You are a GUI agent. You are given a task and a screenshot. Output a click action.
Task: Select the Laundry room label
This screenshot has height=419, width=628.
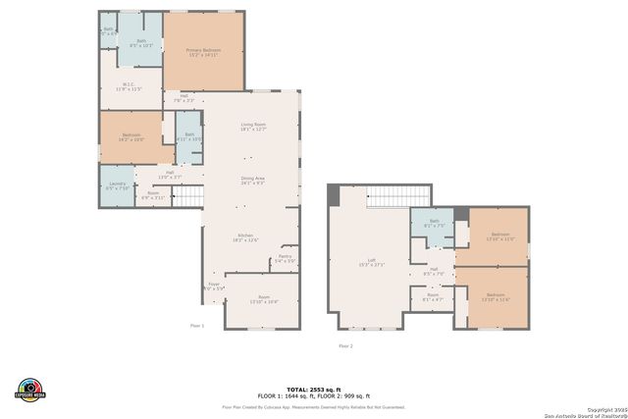tap(116, 185)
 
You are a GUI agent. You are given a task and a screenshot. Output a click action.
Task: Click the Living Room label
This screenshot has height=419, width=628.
tap(253, 126)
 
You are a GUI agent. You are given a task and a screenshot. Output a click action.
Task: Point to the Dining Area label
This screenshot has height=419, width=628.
tap(253, 180)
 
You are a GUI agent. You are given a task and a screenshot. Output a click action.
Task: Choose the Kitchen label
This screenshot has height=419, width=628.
tap(244, 237)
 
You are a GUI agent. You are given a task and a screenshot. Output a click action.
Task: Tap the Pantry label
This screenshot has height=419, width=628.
tap(286, 258)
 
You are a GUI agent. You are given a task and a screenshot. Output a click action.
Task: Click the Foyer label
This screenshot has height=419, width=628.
tap(213, 287)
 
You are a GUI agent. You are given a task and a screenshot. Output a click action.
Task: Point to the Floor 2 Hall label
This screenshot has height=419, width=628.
tap(433, 271)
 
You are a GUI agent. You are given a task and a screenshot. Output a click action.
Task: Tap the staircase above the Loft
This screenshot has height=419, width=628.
tap(388, 196)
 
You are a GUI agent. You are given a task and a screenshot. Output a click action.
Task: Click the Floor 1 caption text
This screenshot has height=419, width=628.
tap(196, 325)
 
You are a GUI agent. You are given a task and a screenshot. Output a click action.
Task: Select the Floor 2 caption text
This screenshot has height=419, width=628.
tap(344, 346)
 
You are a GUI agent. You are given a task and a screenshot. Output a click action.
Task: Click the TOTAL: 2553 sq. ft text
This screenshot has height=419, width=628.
tap(313, 389)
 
